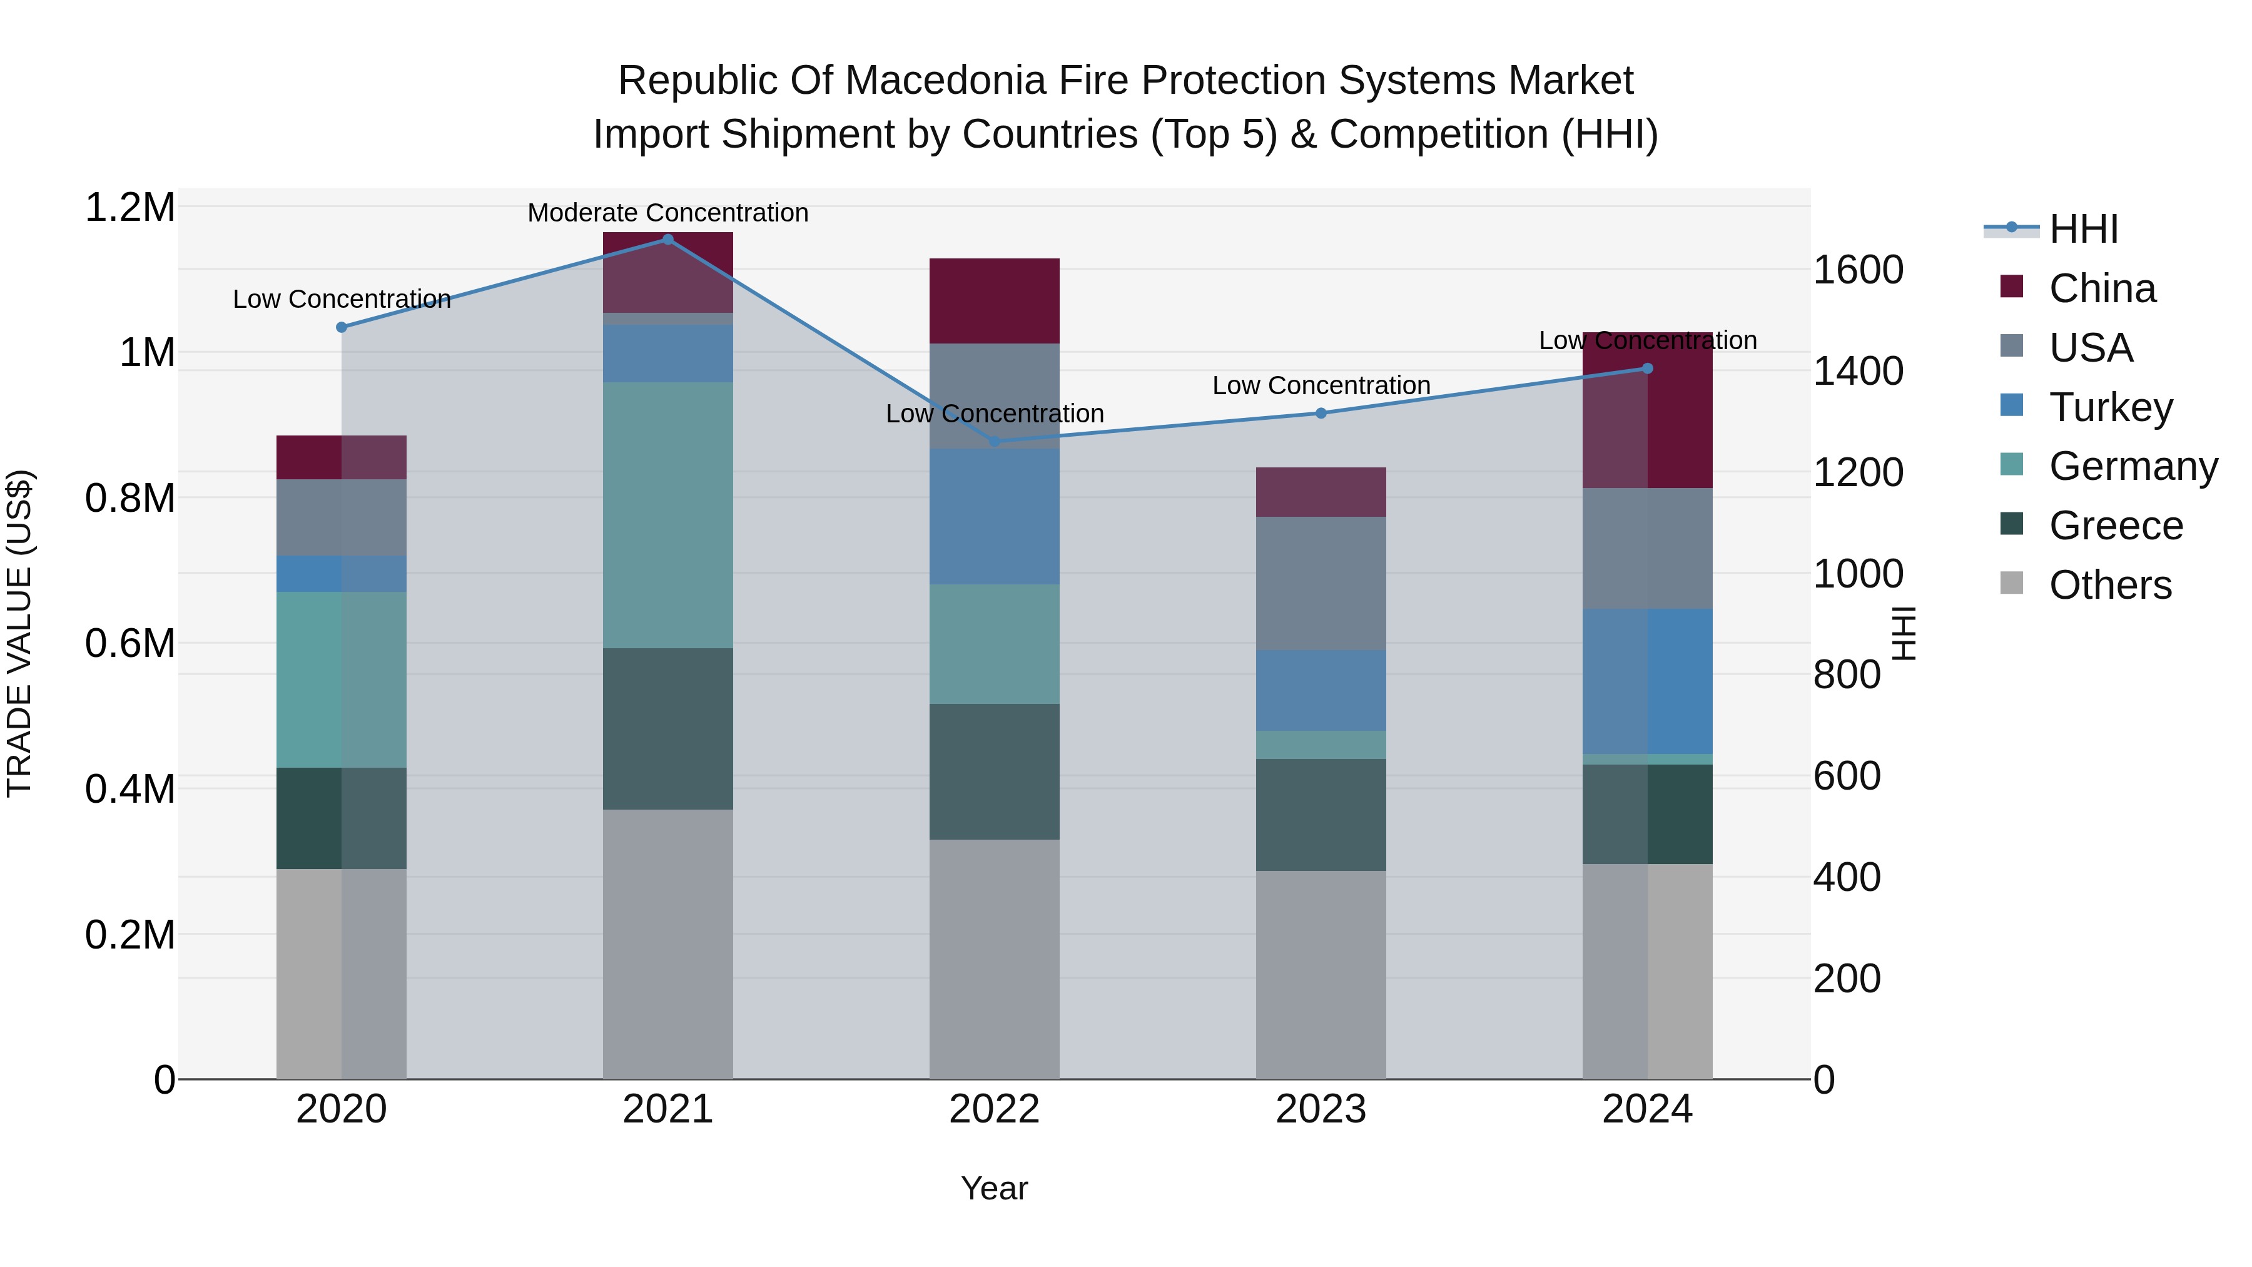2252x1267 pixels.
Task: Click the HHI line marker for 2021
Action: (668, 239)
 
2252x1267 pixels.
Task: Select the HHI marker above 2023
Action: (1321, 413)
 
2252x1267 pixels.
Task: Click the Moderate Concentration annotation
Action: (668, 213)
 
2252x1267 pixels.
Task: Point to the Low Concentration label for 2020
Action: (342, 299)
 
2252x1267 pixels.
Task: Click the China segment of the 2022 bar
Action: (994, 301)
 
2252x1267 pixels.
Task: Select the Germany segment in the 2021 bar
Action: (668, 515)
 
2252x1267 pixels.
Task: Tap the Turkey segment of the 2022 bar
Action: (994, 517)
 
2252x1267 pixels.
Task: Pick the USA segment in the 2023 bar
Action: (1321, 583)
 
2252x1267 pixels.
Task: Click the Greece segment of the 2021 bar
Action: (668, 728)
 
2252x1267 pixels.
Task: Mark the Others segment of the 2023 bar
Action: (1321, 974)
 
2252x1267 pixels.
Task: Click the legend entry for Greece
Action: (2116, 526)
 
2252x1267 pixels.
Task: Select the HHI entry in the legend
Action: (2083, 229)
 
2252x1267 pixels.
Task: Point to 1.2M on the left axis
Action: (130, 208)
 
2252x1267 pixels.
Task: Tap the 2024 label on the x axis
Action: (1647, 1109)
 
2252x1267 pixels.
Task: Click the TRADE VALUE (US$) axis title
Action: (19, 633)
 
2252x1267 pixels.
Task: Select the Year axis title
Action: (994, 1188)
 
